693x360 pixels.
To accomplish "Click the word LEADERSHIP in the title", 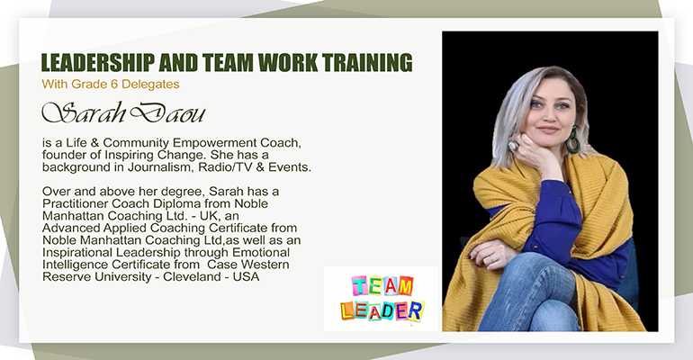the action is (x=98, y=63).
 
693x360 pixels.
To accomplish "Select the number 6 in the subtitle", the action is (x=114, y=84).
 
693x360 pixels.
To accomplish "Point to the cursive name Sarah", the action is (x=84, y=113).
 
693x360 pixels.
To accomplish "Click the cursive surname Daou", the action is (x=167, y=113).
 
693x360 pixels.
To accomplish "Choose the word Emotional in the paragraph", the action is (x=261, y=252).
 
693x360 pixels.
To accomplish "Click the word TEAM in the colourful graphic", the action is (x=382, y=286).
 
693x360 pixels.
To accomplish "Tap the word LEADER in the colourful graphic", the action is (x=382, y=311).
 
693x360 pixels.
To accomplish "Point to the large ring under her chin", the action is (x=514, y=145).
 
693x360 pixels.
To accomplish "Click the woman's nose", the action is (x=549, y=115).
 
